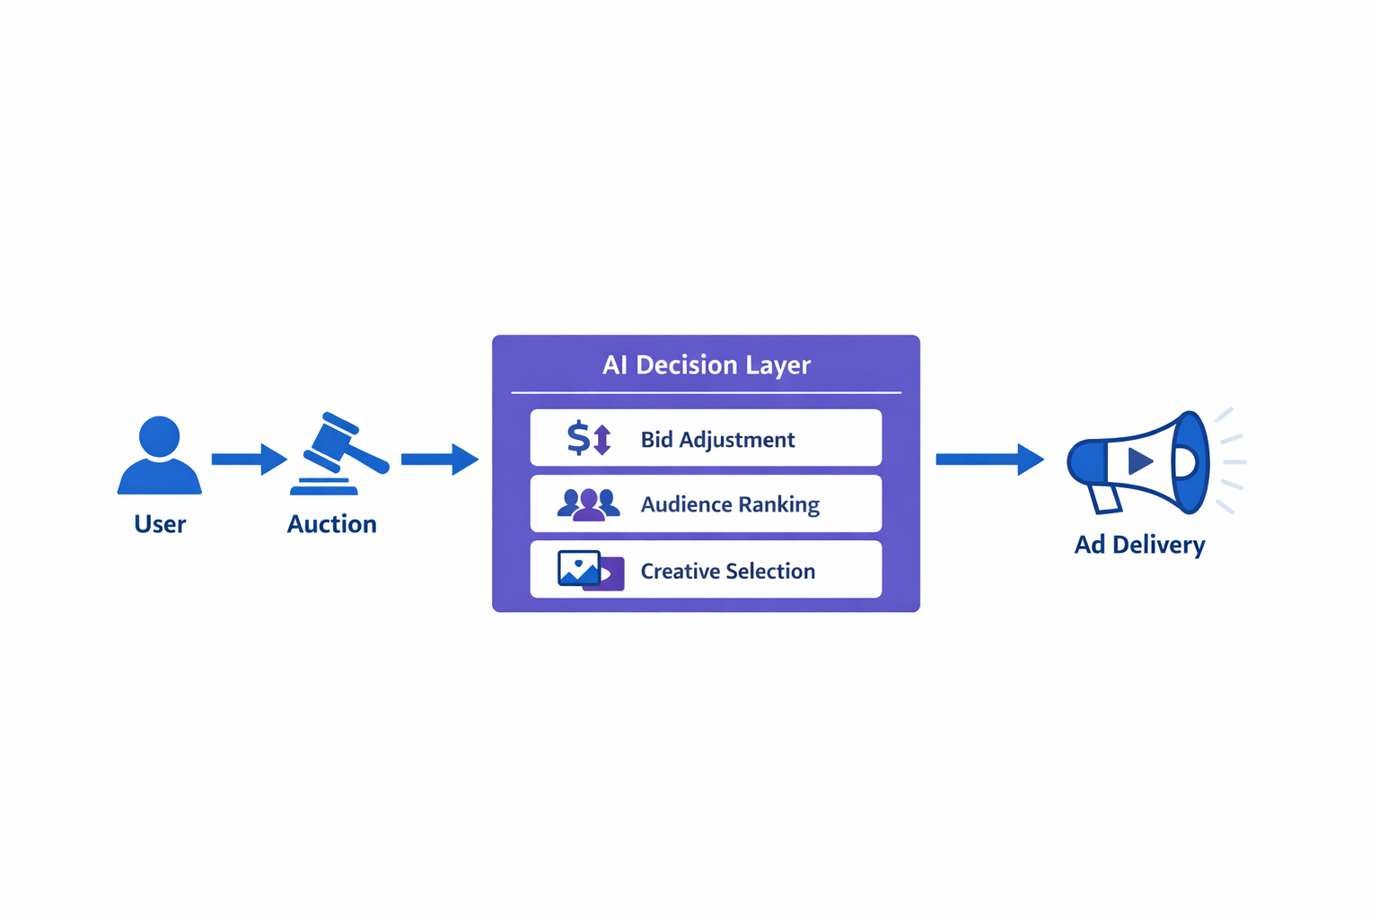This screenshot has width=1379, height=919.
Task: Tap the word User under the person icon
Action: pyautogui.click(x=160, y=524)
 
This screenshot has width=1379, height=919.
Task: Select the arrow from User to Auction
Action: pyautogui.click(x=248, y=459)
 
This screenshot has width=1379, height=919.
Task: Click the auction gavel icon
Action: pyautogui.click(x=338, y=454)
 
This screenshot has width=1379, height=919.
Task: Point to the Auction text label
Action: pyautogui.click(x=331, y=524)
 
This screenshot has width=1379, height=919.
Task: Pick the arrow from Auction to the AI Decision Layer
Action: pyautogui.click(x=438, y=459)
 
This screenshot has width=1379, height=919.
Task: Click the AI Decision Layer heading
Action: pyautogui.click(x=706, y=364)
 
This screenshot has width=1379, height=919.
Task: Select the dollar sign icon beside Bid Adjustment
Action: pyautogui.click(x=579, y=438)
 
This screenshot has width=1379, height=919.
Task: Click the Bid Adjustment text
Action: pyautogui.click(x=717, y=440)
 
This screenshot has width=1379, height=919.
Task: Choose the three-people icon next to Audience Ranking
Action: pyautogui.click(x=588, y=504)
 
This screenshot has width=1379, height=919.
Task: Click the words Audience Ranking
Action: pyautogui.click(x=729, y=504)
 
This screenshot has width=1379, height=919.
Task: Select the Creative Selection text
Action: pyautogui.click(x=727, y=571)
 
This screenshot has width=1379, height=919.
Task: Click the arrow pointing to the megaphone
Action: pyautogui.click(x=988, y=459)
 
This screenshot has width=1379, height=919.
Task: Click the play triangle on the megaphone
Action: pyautogui.click(x=1139, y=461)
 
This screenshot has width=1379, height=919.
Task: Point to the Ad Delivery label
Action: pyautogui.click(x=1139, y=545)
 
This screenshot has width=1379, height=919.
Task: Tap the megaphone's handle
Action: pyautogui.click(x=1105, y=498)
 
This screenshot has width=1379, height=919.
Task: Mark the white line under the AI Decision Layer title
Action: pyautogui.click(x=706, y=392)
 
